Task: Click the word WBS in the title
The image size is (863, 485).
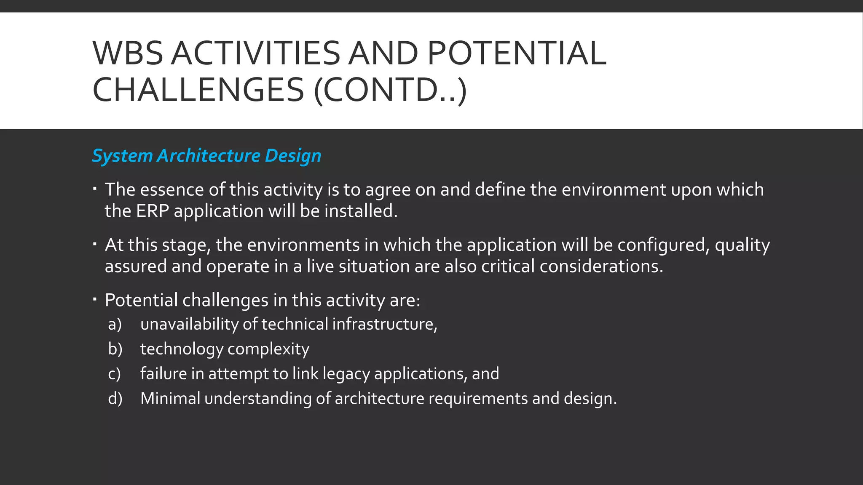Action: click(128, 53)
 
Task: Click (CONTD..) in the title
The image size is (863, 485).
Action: click(391, 89)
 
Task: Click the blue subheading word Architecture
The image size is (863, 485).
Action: click(209, 155)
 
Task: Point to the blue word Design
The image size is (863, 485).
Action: click(293, 155)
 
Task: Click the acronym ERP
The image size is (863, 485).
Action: click(152, 211)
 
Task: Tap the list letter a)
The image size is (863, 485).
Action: click(115, 324)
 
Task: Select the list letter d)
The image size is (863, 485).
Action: click(115, 398)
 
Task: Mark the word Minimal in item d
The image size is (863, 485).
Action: click(170, 398)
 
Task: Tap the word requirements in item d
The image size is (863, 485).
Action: click(478, 398)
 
